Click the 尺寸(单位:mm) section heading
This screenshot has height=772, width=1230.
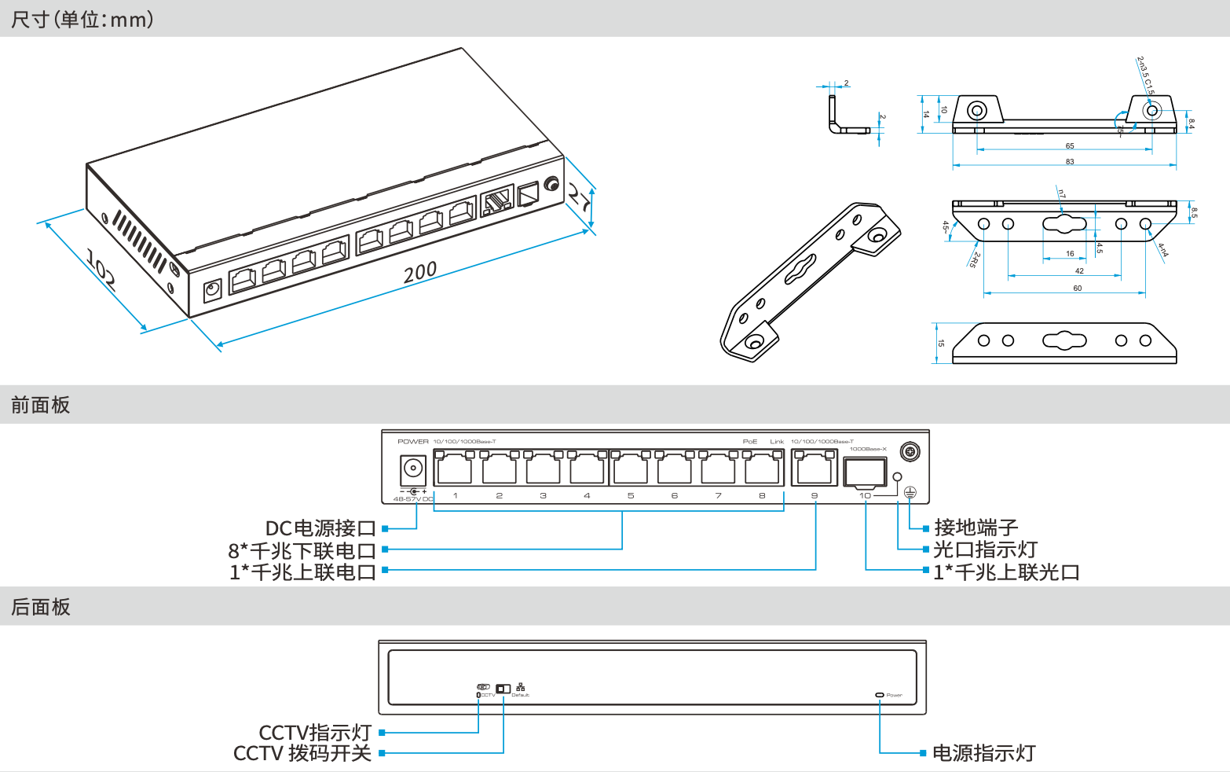click(x=82, y=19)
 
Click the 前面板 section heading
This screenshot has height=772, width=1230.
click(x=41, y=405)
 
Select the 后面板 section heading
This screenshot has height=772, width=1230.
click(x=41, y=607)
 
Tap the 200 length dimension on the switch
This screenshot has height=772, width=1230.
click(x=419, y=272)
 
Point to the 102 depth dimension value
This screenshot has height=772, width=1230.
click(x=101, y=270)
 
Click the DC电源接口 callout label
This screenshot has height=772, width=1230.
click(x=320, y=528)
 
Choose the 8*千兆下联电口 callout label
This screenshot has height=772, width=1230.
click(x=302, y=550)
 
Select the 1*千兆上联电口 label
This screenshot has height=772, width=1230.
click(x=302, y=572)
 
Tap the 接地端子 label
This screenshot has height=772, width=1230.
click(x=976, y=528)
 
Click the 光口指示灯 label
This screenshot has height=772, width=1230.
click(x=986, y=550)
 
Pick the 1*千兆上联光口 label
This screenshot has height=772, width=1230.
click(x=1006, y=572)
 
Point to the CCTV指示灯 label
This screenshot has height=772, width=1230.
click(x=315, y=733)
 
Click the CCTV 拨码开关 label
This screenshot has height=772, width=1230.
click(x=302, y=753)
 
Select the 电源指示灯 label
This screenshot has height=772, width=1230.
click(x=984, y=753)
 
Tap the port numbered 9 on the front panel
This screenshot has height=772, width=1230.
click(x=815, y=469)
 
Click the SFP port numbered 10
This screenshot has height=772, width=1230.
click(x=865, y=472)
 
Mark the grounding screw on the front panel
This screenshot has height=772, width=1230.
click(x=910, y=452)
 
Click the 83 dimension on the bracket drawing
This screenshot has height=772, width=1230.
click(x=1070, y=161)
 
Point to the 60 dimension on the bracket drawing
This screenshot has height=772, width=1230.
click(x=1078, y=288)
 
